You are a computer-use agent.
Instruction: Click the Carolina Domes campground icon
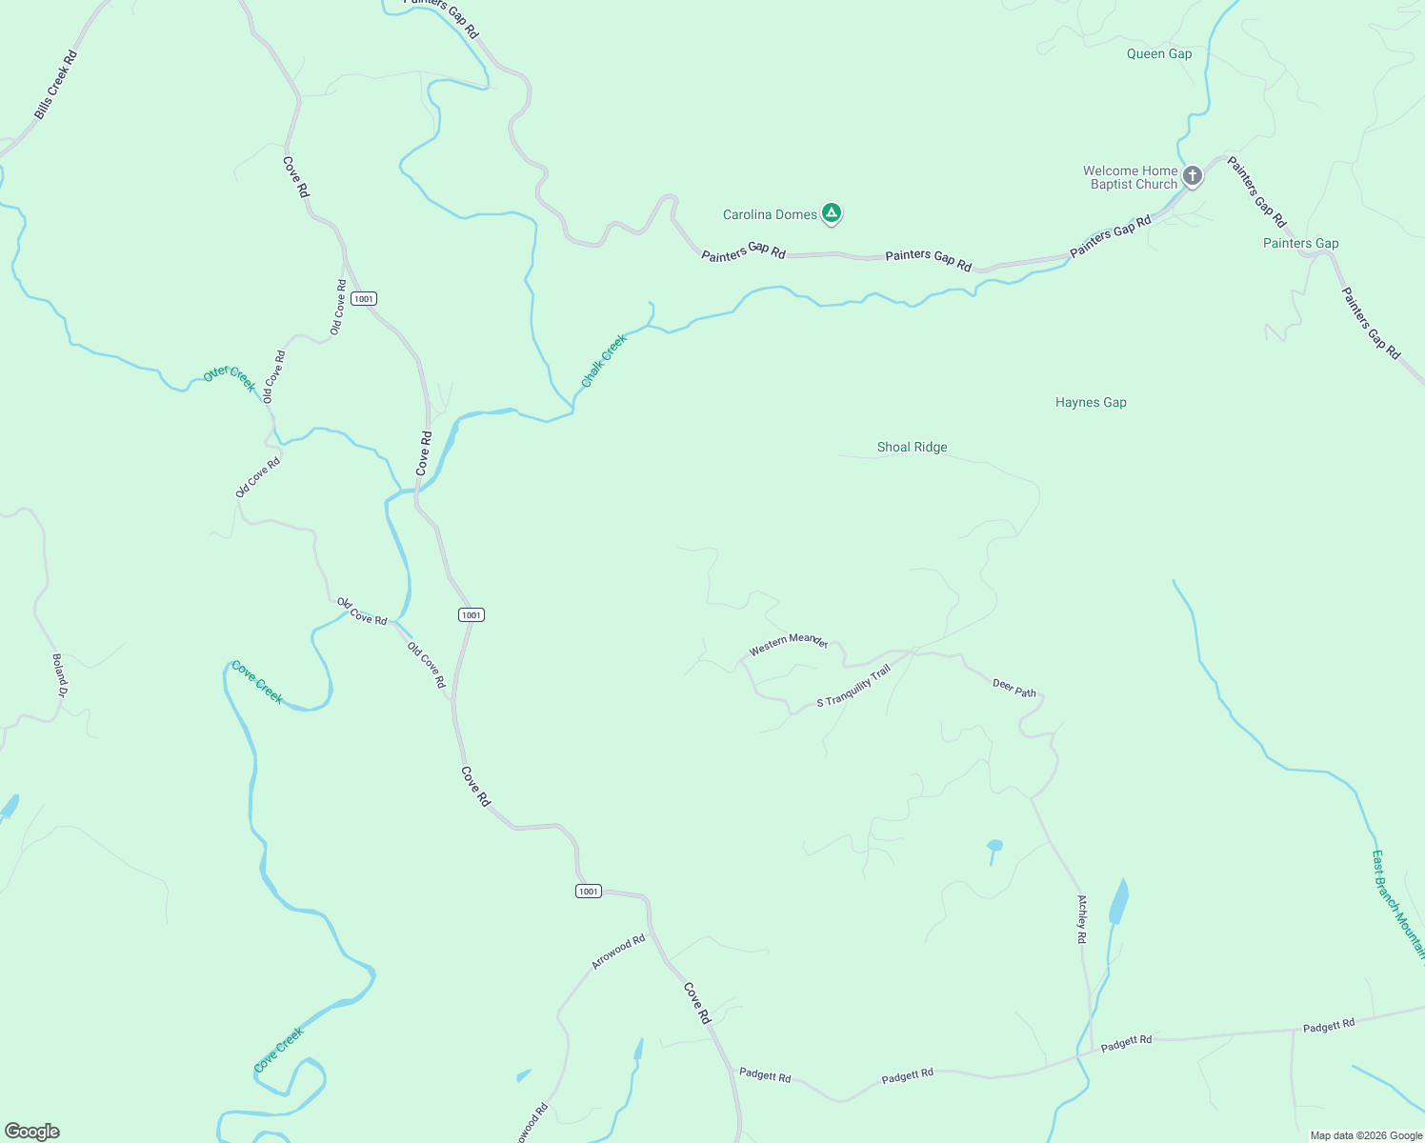pyautogui.click(x=832, y=212)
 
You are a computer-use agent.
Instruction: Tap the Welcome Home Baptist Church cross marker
pyautogui.click(x=1192, y=175)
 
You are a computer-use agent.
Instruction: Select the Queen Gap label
pyautogui.click(x=1158, y=54)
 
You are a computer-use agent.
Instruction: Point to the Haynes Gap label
pyautogui.click(x=1091, y=403)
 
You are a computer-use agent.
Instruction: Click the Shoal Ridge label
pyautogui.click(x=912, y=448)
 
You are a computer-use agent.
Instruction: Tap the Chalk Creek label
pyautogui.click(x=604, y=361)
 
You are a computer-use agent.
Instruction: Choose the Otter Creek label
pyautogui.click(x=231, y=378)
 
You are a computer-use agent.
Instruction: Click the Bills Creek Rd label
pyautogui.click(x=55, y=85)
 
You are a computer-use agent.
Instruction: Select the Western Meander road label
pyautogui.click(x=789, y=644)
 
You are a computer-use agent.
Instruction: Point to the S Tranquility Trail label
pyautogui.click(x=853, y=686)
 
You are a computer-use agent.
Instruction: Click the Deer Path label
pyautogui.click(x=1014, y=688)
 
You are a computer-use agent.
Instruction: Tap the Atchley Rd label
pyautogui.click(x=1082, y=919)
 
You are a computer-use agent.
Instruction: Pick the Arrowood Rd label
pyautogui.click(x=618, y=952)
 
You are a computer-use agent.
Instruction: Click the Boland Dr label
pyautogui.click(x=59, y=675)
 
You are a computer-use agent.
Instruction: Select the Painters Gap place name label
pyautogui.click(x=1300, y=244)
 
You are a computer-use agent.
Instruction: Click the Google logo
pyautogui.click(x=32, y=1132)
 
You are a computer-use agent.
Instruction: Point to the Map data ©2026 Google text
pyautogui.click(x=1366, y=1135)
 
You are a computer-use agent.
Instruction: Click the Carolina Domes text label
pyautogui.click(x=770, y=215)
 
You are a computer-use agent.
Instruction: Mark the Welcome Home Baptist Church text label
pyautogui.click(x=1131, y=178)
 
